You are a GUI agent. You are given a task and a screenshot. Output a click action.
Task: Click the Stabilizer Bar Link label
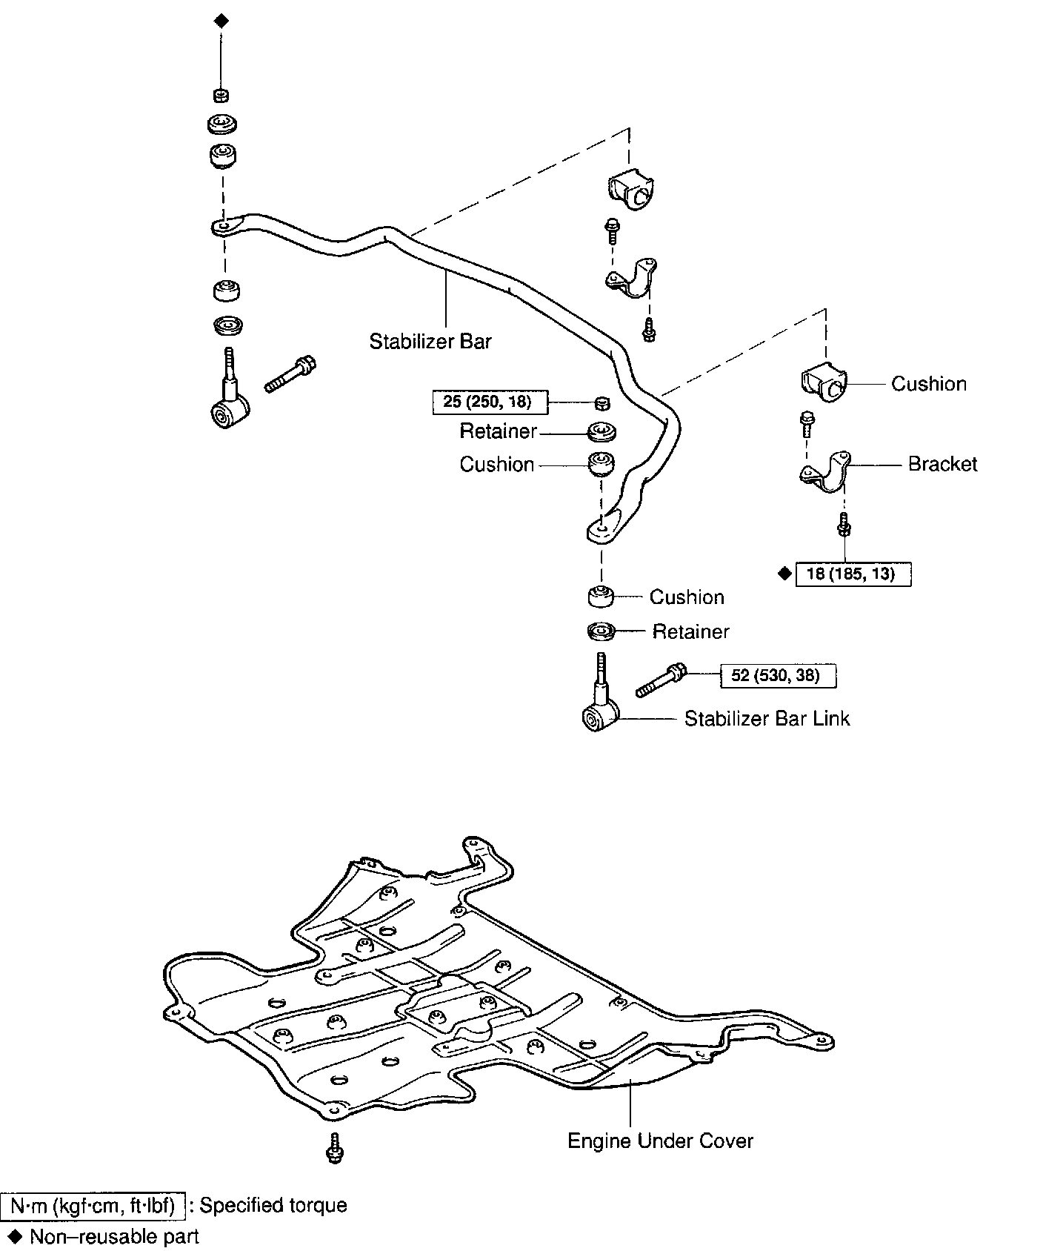pyautogui.click(x=767, y=718)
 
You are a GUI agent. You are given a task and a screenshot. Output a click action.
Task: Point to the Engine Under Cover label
pyautogui.click(x=660, y=1141)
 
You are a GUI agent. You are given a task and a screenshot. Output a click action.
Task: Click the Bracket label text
pyautogui.click(x=942, y=464)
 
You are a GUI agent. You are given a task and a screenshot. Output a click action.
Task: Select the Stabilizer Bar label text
pyautogui.click(x=430, y=342)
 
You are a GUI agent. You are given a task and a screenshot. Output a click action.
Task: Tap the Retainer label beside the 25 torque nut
pyautogui.click(x=498, y=431)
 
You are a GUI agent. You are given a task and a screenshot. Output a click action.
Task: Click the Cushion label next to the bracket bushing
pyautogui.click(x=928, y=384)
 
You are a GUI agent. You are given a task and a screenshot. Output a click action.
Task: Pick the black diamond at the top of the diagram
pyautogui.click(x=221, y=21)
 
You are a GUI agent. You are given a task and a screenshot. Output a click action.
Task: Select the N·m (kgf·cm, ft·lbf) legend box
pyautogui.click(x=93, y=1206)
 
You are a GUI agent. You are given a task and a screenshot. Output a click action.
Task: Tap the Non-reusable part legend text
pyautogui.click(x=114, y=1236)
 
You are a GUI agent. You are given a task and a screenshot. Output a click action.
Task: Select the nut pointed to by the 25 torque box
pyautogui.click(x=602, y=402)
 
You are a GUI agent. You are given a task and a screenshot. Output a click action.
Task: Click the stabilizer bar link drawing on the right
pyautogui.click(x=600, y=704)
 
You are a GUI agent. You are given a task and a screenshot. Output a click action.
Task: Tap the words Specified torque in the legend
pyautogui.click(x=273, y=1206)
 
